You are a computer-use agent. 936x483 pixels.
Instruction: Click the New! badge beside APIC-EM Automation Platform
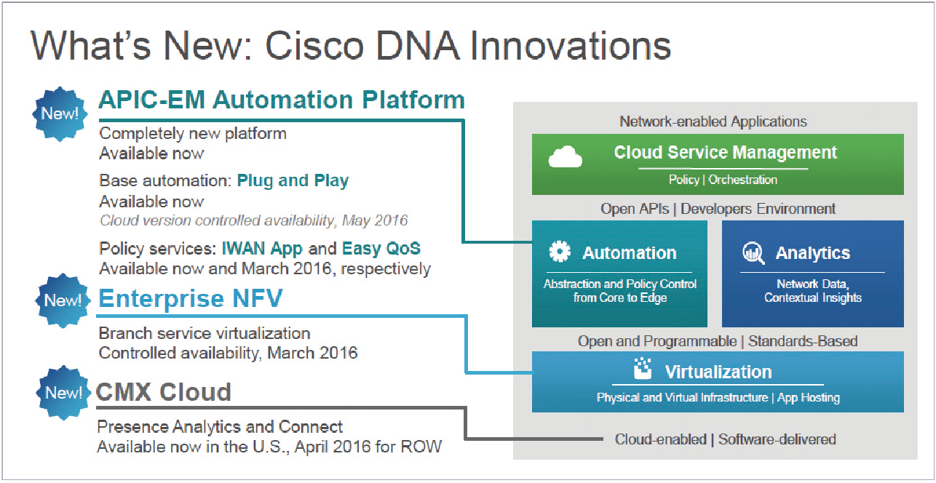click(60, 113)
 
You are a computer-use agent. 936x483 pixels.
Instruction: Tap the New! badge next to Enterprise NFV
click(63, 300)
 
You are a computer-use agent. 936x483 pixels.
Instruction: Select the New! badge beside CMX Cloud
click(63, 392)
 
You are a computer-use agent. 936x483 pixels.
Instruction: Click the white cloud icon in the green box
click(565, 157)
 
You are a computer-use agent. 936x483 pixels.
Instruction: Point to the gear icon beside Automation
click(560, 252)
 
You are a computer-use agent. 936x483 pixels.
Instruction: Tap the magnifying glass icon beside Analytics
click(753, 253)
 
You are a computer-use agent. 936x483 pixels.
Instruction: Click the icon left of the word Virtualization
click(643, 368)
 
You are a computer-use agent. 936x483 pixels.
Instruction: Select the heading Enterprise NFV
click(191, 298)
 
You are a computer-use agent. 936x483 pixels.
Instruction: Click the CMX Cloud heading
click(163, 392)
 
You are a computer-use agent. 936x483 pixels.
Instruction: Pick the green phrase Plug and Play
click(293, 180)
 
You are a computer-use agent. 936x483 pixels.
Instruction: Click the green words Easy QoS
click(381, 248)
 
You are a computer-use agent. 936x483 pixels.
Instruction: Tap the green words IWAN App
click(262, 249)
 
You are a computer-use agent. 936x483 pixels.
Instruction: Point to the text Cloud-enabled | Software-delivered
click(725, 439)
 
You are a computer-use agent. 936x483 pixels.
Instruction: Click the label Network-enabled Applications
click(713, 121)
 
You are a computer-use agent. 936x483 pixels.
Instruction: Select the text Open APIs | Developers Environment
click(718, 209)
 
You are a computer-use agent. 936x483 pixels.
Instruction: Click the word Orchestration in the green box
click(742, 180)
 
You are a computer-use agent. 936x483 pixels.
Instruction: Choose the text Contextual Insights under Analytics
click(813, 298)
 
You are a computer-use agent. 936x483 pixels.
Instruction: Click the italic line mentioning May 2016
click(253, 220)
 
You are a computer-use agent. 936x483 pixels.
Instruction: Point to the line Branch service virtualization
click(205, 333)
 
